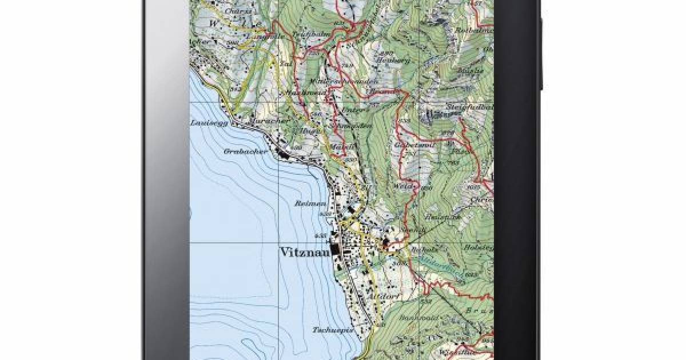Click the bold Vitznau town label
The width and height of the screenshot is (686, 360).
[x=306, y=252]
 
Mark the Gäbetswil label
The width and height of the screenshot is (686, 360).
[x=408, y=146]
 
